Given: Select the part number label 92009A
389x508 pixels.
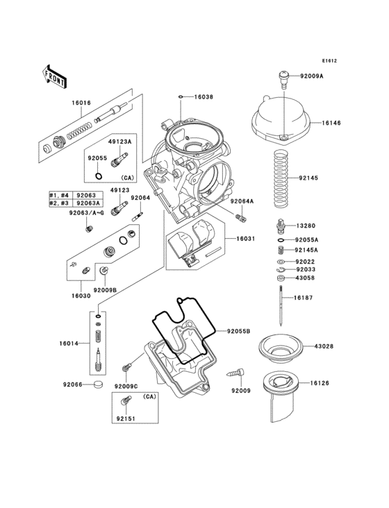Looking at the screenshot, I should tap(313, 75).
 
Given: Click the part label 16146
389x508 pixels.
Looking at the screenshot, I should tap(331, 122).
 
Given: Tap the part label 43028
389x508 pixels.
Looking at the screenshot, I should tap(323, 346).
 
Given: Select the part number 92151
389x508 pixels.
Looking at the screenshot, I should tap(125, 419).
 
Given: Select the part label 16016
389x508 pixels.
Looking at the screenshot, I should tap(81, 103).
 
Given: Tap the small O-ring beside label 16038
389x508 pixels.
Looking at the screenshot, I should tap(181, 98).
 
